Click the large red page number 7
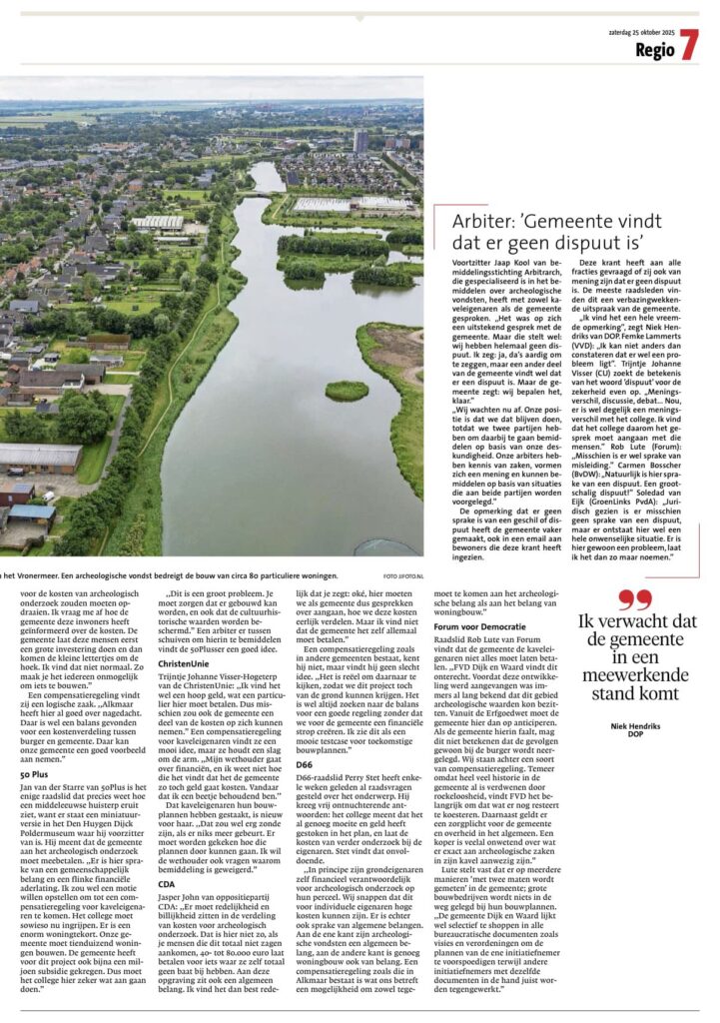(x=689, y=44)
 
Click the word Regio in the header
(x=654, y=50)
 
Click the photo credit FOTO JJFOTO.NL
(x=403, y=576)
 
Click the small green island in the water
(x=347, y=390)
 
